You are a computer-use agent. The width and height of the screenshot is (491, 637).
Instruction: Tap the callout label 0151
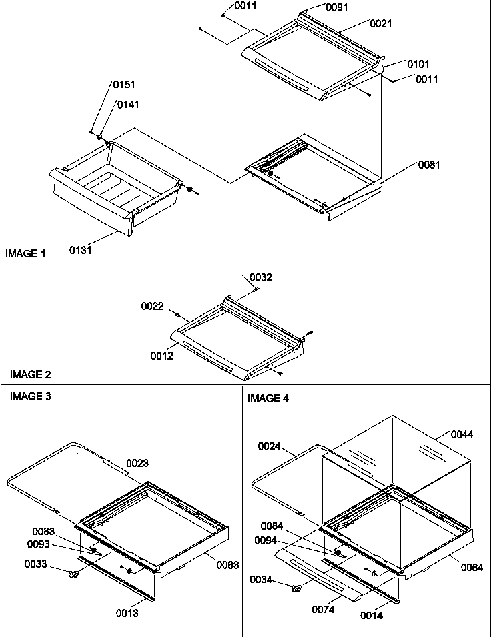123,85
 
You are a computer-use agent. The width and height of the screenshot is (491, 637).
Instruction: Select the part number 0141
129,105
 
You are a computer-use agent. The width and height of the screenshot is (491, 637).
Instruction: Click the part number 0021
381,23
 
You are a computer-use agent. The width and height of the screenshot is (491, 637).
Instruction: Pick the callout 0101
418,64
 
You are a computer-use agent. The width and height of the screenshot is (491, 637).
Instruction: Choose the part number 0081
429,165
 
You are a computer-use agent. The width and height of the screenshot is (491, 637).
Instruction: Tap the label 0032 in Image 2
261,277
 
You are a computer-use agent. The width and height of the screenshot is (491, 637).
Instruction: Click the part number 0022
152,306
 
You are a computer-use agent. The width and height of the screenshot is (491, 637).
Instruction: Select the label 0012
161,356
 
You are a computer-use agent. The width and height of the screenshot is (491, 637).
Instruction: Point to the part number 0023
137,463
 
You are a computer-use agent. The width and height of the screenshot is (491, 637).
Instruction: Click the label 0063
227,564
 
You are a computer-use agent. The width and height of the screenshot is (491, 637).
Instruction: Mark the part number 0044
462,434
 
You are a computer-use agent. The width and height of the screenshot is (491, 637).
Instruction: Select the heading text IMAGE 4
268,398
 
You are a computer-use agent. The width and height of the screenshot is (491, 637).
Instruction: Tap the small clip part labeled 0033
73,573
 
